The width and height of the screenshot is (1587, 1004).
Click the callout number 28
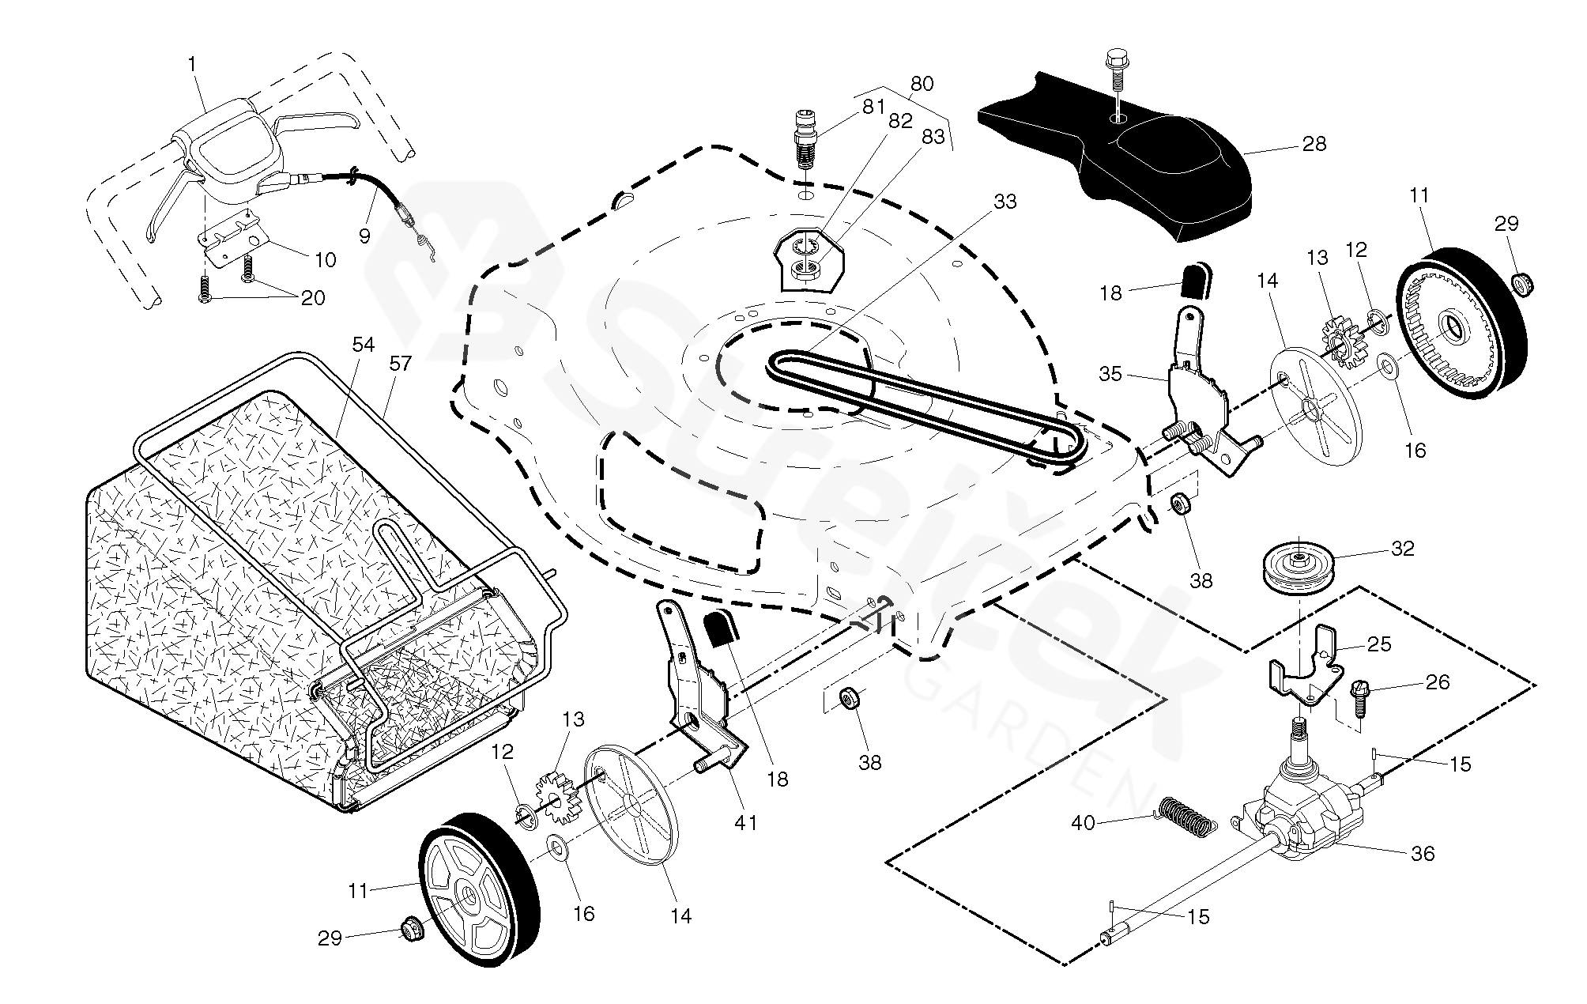tap(1314, 144)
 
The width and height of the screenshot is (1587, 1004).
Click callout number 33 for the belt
tap(1005, 202)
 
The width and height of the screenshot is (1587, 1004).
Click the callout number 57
tap(401, 364)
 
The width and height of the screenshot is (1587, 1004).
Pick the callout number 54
tap(364, 345)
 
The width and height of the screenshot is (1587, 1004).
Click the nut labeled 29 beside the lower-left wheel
tap(410, 929)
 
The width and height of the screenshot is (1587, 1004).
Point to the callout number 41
tap(745, 823)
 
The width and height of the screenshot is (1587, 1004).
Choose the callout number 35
tap(1110, 374)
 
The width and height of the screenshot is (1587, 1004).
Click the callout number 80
tap(922, 84)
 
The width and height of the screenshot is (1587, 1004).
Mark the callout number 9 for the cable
tap(364, 236)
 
